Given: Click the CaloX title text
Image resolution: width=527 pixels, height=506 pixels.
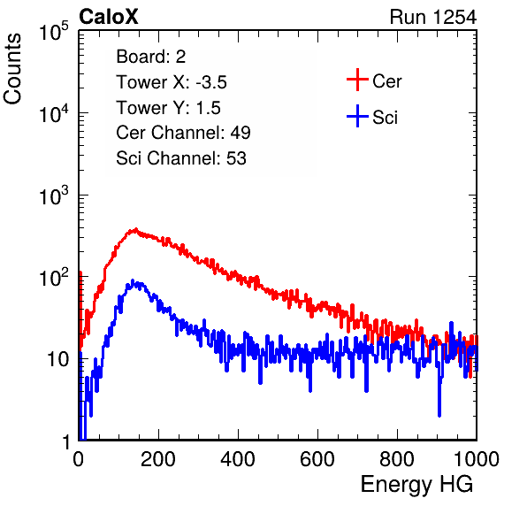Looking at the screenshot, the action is point(109,17).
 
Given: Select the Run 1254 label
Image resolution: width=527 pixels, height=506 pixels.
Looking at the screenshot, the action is point(433,17).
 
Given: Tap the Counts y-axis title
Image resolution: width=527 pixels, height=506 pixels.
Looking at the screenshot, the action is point(12,69).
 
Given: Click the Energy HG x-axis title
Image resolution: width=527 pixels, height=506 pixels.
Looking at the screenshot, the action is point(416,485).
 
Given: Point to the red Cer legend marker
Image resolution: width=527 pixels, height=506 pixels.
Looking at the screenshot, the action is point(357,80).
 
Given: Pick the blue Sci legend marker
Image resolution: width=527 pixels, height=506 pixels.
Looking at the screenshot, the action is point(357,117).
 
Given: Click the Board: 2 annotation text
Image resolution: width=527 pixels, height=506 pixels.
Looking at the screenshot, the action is point(151,57).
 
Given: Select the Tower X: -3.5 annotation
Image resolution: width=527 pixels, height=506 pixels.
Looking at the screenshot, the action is point(172,82).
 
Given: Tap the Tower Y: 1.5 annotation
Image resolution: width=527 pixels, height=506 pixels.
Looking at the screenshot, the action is point(168,108).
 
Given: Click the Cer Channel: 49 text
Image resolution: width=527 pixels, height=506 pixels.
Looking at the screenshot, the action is point(183,133).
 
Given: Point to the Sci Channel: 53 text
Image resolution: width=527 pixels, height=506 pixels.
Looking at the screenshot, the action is point(181,158).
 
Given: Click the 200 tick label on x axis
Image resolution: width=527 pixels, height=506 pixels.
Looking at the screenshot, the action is point(158,458).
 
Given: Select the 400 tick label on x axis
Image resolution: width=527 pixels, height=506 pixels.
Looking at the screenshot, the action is point(238,458).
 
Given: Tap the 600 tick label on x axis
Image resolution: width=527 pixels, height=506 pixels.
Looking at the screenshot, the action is point(317,458).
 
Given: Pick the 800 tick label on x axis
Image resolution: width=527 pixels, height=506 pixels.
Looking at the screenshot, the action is point(397,458).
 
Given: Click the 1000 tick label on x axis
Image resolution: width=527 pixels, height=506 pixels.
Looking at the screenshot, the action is point(477,458).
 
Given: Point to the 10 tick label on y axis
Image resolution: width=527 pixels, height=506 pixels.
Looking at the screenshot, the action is point(58,359).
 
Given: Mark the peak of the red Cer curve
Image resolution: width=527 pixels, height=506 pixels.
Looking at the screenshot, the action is point(135,229).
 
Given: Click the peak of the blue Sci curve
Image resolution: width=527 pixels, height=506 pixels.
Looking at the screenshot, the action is point(133,280).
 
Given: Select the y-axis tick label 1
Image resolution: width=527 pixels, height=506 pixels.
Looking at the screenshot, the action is point(66,441).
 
